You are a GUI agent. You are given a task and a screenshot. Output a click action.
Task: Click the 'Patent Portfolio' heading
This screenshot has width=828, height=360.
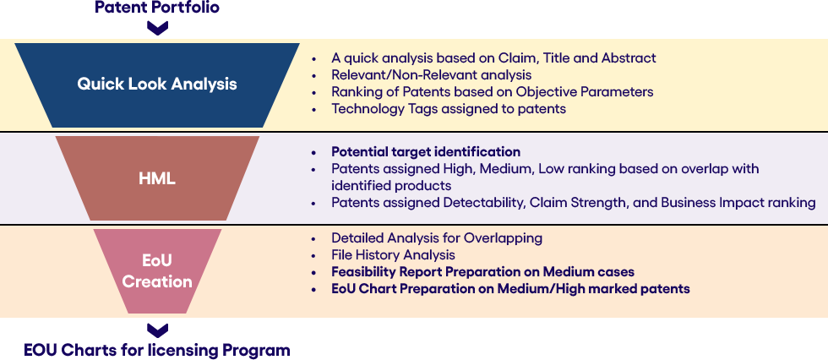coord(157,7)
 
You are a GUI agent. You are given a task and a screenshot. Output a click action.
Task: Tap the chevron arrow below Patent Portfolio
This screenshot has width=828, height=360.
coord(157,27)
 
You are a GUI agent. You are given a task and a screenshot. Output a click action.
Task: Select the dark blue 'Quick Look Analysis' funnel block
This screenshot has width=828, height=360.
coord(157,85)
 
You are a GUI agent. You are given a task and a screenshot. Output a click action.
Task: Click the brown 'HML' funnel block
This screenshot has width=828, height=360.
coord(157,178)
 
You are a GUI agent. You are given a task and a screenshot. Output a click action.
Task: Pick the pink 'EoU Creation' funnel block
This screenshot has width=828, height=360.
coord(157,270)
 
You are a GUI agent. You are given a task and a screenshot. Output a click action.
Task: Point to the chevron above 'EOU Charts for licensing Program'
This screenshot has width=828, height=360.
coord(157,330)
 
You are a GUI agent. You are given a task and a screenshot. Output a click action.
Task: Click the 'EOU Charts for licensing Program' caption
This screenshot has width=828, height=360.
coord(157,350)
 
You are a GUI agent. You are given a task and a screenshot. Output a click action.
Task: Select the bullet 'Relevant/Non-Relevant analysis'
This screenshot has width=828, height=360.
coord(432,75)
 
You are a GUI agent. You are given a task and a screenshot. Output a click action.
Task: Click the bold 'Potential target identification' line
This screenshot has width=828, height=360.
coord(426,152)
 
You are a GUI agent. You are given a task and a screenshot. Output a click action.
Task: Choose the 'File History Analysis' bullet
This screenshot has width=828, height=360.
coord(394,255)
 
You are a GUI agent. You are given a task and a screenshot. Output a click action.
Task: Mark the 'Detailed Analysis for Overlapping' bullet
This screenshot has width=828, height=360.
coord(437,238)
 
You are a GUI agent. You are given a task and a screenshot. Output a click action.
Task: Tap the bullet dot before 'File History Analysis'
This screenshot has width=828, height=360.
coord(314,255)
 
